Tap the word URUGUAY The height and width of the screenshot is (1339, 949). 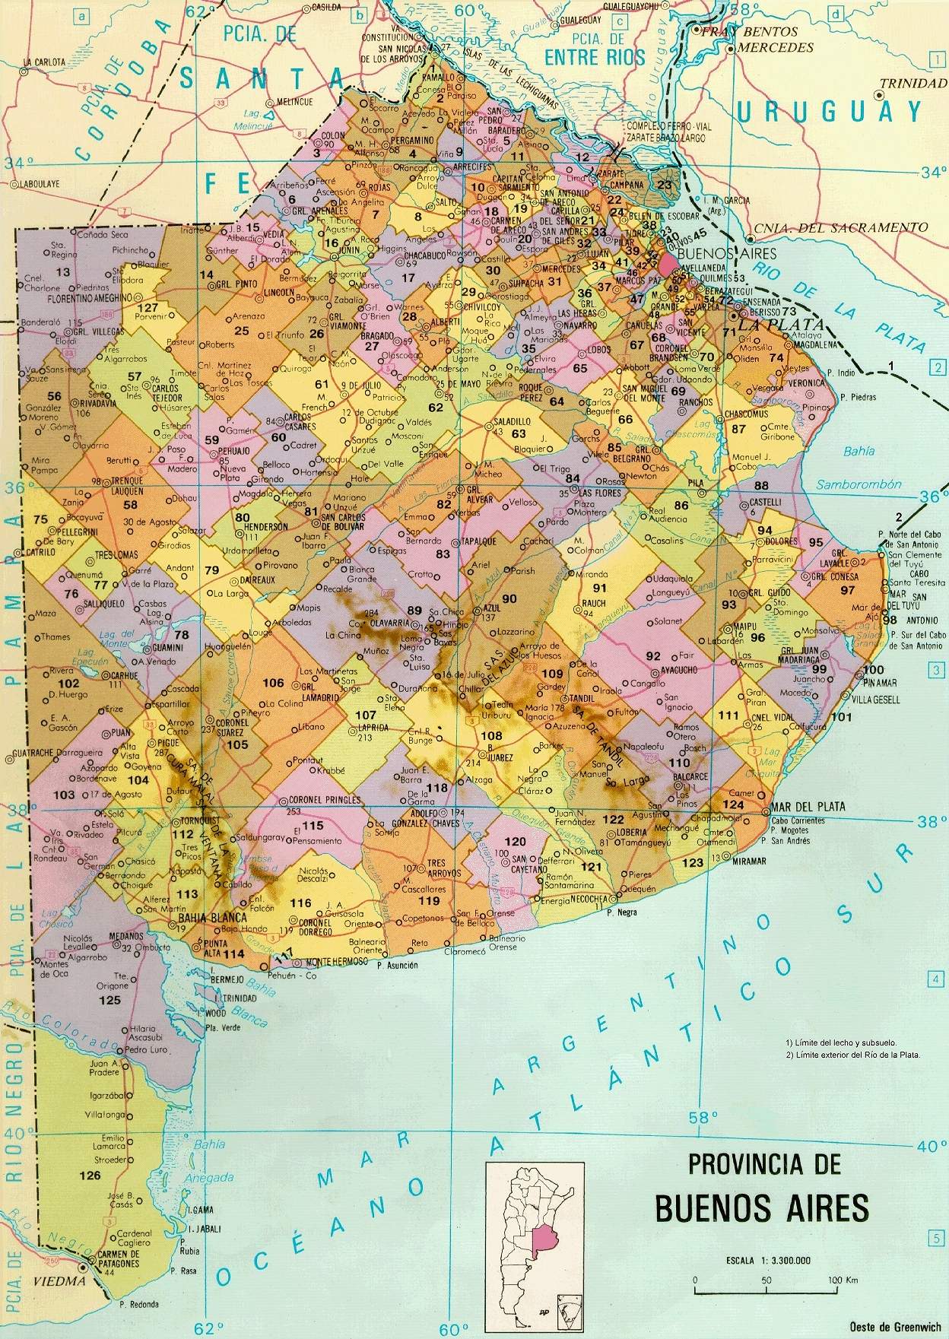tap(830, 113)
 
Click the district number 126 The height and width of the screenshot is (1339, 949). tap(89, 1176)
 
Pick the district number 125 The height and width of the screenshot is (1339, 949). tap(110, 1000)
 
